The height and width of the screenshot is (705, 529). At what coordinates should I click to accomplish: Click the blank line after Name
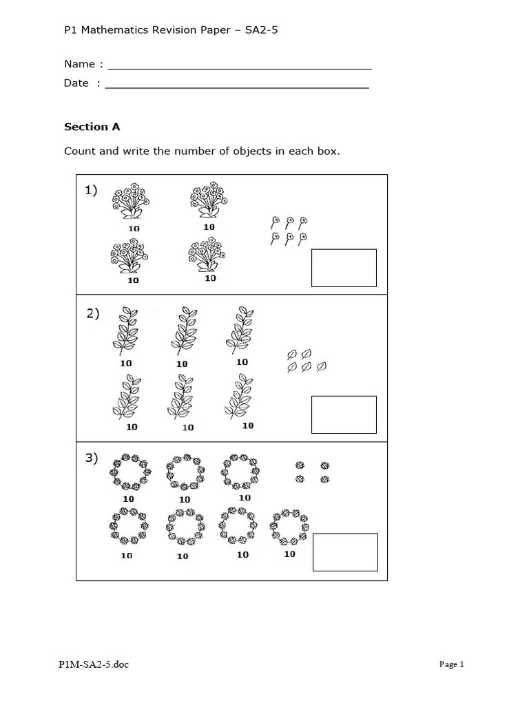point(240,68)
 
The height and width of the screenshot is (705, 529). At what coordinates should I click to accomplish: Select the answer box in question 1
point(344,268)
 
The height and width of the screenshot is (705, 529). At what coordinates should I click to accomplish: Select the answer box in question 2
point(344,414)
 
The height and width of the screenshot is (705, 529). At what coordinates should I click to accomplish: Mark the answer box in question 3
point(345,552)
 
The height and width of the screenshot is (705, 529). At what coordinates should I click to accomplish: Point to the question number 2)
point(93,314)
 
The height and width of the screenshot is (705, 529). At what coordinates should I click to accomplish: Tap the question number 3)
point(93,459)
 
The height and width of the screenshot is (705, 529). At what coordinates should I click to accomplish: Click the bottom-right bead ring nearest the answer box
point(290,528)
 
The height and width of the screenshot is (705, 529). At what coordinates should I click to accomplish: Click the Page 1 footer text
point(452,664)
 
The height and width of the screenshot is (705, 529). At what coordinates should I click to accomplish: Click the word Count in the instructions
point(79,151)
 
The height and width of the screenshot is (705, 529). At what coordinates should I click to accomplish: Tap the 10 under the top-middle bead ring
point(185,499)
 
